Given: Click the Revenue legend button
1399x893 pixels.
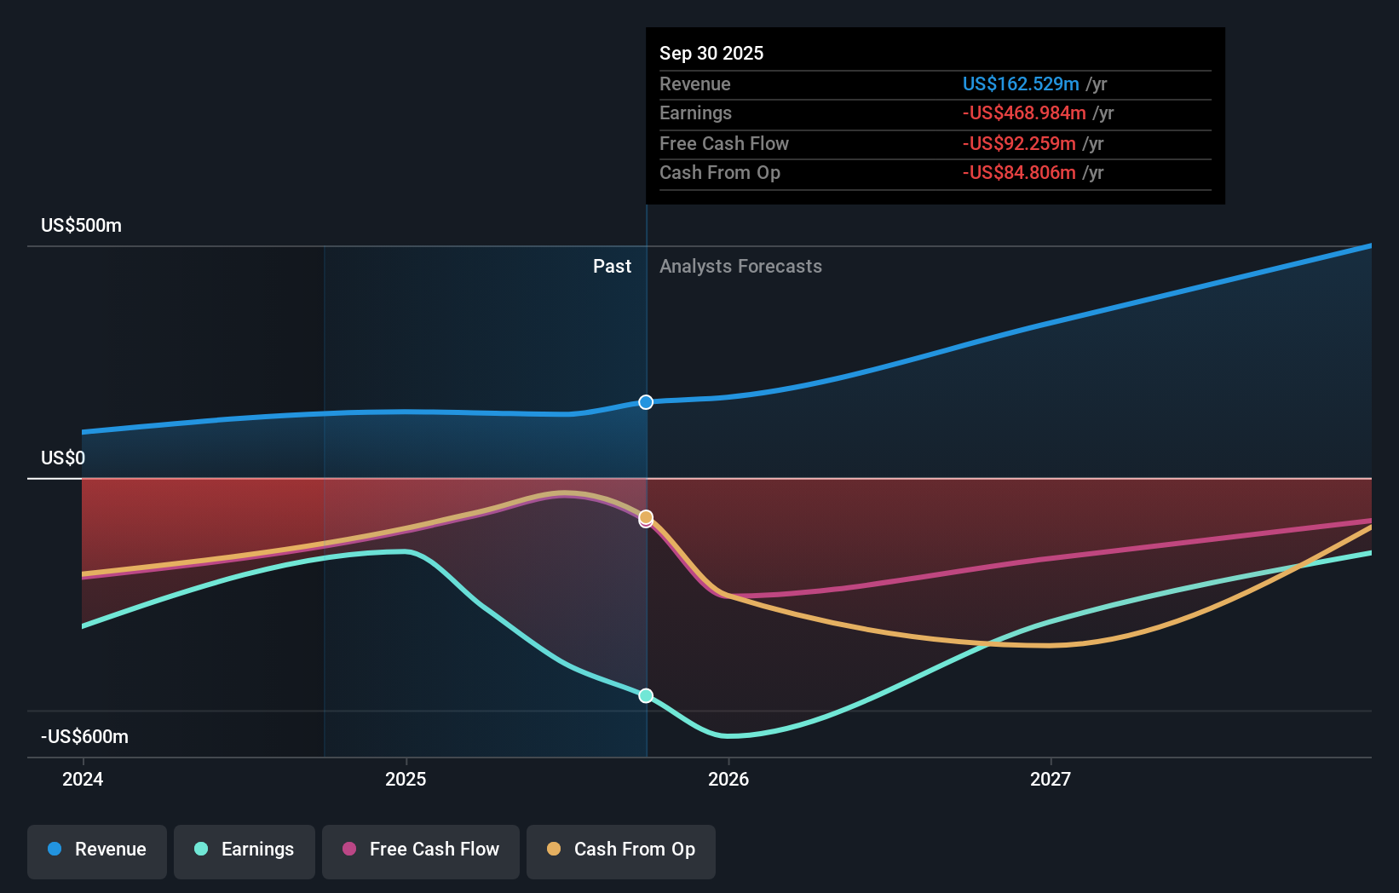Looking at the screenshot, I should pyautogui.click(x=97, y=850).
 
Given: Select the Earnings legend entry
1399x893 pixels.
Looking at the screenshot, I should pyautogui.click(x=245, y=850).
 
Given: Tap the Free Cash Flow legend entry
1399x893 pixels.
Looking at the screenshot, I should pyautogui.click(x=421, y=850).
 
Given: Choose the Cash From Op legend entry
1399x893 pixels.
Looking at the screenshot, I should pyautogui.click(x=621, y=850).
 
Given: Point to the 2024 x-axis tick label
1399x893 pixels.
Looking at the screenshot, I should pyautogui.click(x=83, y=779).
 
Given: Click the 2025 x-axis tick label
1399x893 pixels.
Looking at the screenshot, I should pyautogui.click(x=406, y=779).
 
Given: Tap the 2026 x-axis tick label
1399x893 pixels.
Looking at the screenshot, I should pyautogui.click(x=728, y=779).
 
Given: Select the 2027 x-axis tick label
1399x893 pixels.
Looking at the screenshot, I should pyautogui.click(x=1051, y=779).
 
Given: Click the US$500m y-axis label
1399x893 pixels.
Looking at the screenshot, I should pyautogui.click(x=81, y=226).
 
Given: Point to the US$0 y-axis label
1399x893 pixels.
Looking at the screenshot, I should pyautogui.click(x=63, y=458).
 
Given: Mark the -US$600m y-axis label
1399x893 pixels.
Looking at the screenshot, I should pyautogui.click(x=84, y=737).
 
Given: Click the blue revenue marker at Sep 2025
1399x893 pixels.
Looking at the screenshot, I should pyautogui.click(x=646, y=402).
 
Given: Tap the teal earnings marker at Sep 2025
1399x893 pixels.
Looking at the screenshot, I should pyautogui.click(x=646, y=695).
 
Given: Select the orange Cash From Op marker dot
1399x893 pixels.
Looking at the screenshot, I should pyautogui.click(x=646, y=516).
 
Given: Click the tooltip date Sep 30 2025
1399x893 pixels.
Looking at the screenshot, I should pyautogui.click(x=711, y=53).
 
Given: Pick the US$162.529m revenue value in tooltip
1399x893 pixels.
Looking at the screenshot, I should pyautogui.click(x=1020, y=84).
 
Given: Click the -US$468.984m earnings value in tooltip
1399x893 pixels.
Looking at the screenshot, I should pyautogui.click(x=1023, y=113).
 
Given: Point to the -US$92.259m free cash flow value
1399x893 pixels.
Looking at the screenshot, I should pyautogui.click(x=1018, y=143).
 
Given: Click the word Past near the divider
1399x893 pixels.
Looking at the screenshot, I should pyautogui.click(x=612, y=267).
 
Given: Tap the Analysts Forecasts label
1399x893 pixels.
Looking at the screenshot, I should pyautogui.click(x=740, y=267).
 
